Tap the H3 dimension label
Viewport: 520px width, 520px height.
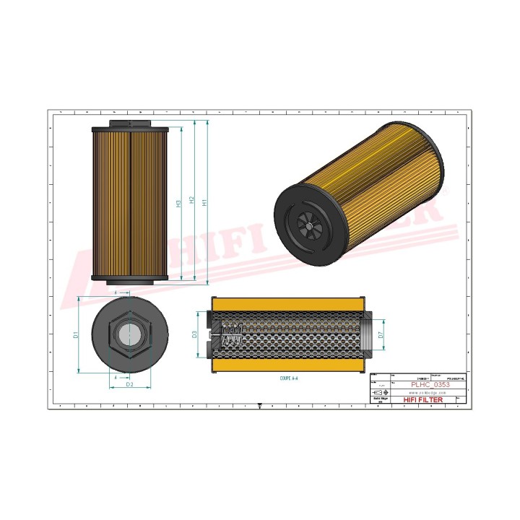(x=178, y=204)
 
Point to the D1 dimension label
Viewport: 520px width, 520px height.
(x=75, y=334)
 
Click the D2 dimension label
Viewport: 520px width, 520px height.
(x=129, y=384)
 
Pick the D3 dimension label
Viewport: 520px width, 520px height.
(x=195, y=334)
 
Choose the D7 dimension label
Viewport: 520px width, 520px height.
(x=381, y=334)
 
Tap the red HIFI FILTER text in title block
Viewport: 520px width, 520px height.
(x=425, y=401)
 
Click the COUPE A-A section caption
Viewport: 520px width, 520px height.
(x=289, y=377)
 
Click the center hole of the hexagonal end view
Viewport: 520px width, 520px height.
(x=130, y=334)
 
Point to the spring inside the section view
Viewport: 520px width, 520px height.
(x=230, y=334)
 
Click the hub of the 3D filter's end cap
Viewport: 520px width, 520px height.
(x=308, y=226)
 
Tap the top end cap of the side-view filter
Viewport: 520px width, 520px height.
(x=129, y=129)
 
